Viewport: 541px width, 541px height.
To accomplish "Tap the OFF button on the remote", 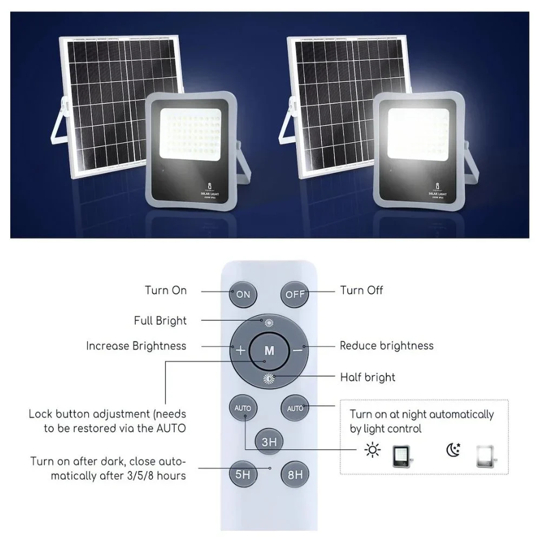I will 295,295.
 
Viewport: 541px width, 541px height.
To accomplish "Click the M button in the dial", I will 269,350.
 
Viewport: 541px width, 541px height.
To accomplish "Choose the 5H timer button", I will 243,475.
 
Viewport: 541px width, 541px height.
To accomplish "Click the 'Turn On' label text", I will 166,291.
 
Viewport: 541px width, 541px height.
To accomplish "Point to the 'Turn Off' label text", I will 361,291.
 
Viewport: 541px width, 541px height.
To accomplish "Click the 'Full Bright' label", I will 160,321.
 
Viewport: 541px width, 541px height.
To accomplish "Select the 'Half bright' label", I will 367,377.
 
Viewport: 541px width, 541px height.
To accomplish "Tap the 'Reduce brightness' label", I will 386,346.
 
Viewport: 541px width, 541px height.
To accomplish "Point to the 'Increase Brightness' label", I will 136,346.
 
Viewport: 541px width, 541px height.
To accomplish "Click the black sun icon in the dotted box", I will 372,450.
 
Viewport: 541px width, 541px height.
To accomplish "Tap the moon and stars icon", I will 453,450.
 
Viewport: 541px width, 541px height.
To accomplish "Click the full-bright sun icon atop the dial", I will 269,324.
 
